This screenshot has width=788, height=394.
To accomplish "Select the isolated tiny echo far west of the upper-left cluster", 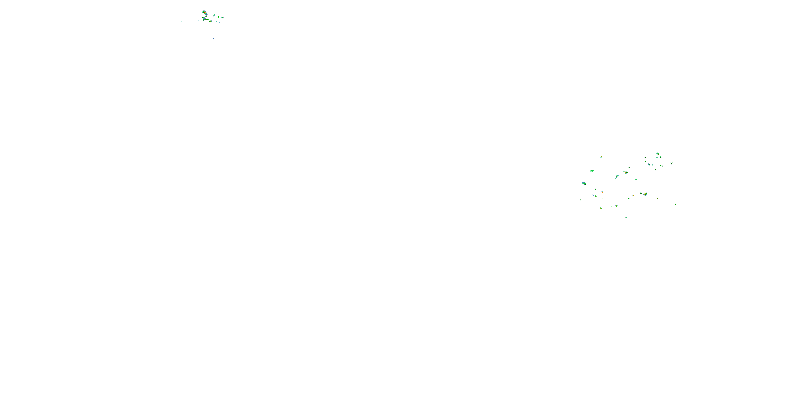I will point(181,21).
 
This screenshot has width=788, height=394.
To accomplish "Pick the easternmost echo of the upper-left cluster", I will point(222,18).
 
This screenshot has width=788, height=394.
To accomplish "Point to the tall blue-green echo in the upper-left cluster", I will point(214,15).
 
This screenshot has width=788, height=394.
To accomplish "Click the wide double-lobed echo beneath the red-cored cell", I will point(206,19).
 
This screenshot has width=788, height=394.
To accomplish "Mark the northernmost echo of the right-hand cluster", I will point(658,154).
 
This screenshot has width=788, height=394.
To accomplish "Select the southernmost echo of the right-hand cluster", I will point(626,217).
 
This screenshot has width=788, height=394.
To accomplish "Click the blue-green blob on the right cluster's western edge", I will point(584,184).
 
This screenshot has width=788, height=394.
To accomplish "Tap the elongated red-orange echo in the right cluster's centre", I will point(626,173).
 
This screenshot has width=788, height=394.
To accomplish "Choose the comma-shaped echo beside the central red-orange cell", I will point(617,177).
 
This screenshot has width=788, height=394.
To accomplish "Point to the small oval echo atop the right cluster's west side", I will point(601,157).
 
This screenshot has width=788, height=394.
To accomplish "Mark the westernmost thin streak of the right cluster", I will point(580,200).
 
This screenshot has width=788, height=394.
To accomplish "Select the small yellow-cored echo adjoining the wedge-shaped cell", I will point(641,193).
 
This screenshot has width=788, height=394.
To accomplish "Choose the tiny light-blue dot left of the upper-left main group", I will point(198,20).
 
